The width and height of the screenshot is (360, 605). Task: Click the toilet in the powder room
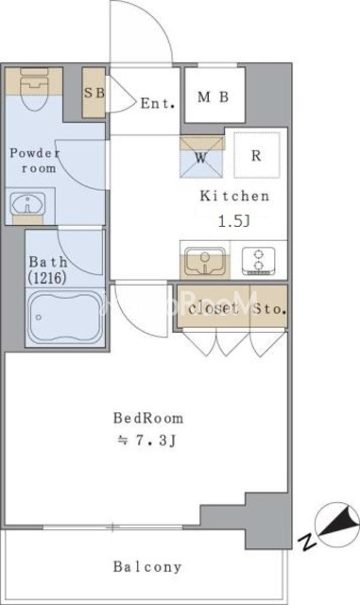tap(34, 89)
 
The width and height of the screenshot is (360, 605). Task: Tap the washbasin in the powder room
tap(27, 203)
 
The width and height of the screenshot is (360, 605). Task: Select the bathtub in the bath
tap(64, 318)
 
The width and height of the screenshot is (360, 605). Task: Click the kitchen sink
tap(205, 261)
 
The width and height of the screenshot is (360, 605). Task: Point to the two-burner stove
tap(259, 261)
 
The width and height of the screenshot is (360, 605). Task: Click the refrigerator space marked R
tap(257, 155)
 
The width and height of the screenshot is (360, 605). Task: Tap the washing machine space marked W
tap(201, 157)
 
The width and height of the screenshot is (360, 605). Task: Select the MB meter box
tap(214, 95)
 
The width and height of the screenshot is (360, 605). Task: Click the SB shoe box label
tap(94, 93)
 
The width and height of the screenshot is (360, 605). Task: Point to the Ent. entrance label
tap(158, 103)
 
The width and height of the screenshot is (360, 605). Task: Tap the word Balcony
tap(147, 567)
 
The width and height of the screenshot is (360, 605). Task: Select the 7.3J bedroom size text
tap(146, 441)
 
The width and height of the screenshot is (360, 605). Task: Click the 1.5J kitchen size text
tap(234, 221)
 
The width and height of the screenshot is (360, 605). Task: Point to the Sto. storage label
tap(269, 309)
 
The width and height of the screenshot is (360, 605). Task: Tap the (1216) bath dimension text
tap(46, 278)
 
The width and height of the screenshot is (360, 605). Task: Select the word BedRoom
tap(148, 418)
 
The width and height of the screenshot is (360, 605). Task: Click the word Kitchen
tap(234, 196)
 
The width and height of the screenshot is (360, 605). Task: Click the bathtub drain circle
tap(39, 318)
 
